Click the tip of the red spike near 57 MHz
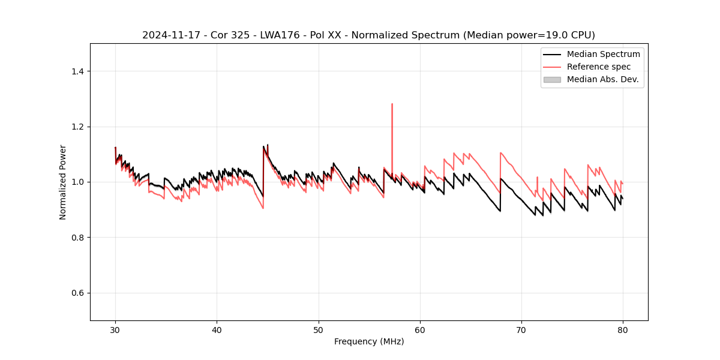click(392, 104)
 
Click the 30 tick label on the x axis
click(116, 330)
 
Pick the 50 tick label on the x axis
click(319, 330)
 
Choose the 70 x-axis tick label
click(521, 330)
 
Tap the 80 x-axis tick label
click(623, 330)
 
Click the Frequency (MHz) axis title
click(369, 342)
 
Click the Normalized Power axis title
click(63, 182)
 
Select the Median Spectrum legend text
click(603, 54)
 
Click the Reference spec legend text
click(599, 67)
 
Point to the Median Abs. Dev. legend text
click(602, 79)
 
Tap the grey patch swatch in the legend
click(552, 79)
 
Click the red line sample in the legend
click(552, 67)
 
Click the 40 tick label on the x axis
click(217, 330)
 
